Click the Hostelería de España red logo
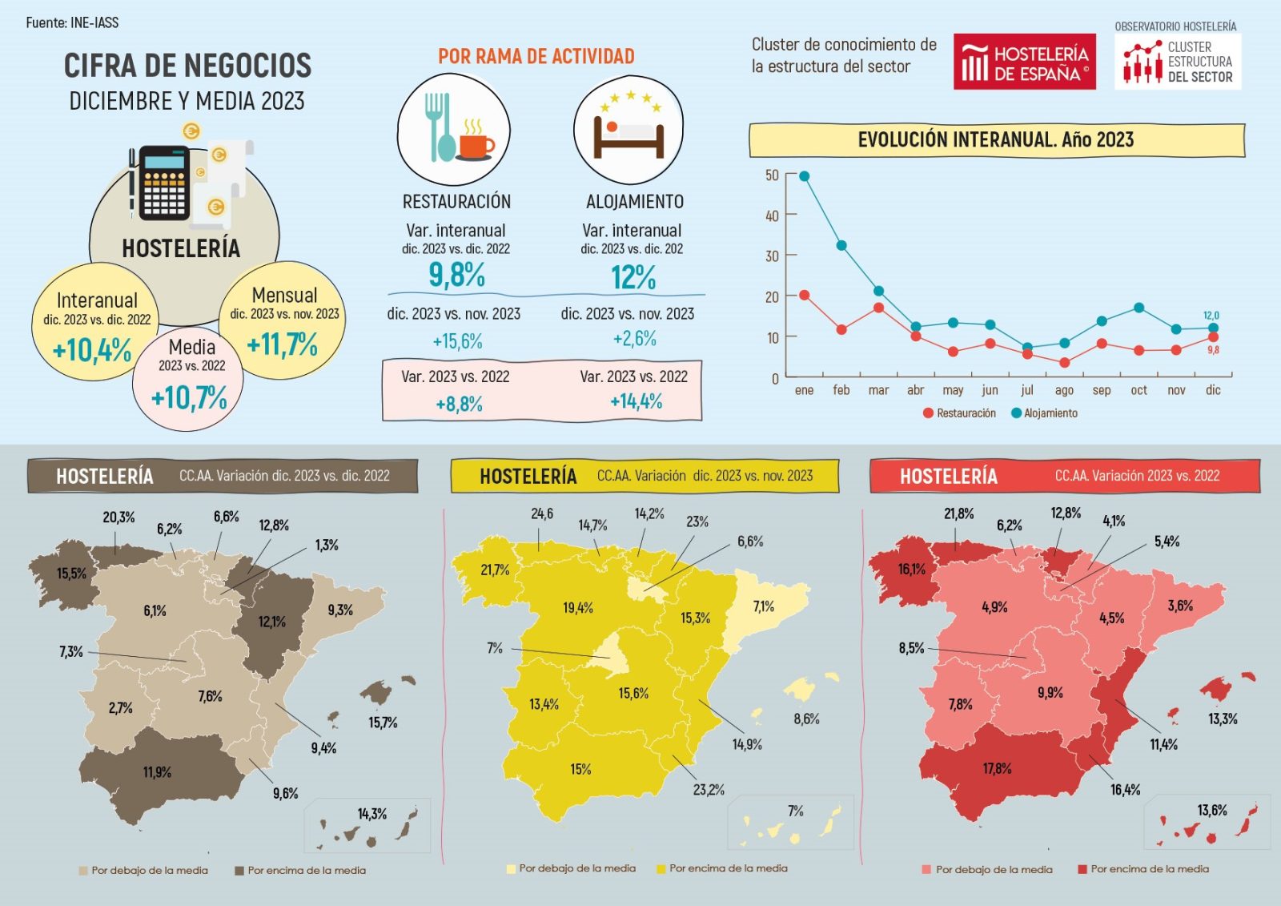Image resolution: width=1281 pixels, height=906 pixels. tap(1024, 62)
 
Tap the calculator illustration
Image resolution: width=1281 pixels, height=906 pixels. tap(165, 183)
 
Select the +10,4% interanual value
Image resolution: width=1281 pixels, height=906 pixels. tap(92, 350)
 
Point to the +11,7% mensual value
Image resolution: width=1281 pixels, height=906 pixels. tap(282, 344)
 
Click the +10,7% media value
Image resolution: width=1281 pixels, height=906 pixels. tap(189, 397)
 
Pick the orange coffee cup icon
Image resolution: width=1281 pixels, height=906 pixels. tap(477, 144)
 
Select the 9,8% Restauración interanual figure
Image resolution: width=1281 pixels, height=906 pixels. tap(456, 276)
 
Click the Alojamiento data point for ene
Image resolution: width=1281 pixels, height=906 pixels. tap(804, 176)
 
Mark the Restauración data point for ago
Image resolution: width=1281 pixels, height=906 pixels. tap(1064, 363)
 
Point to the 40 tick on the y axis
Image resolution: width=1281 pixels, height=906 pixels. tap(772, 215)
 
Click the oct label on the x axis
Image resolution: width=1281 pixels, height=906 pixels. tap(1138, 390)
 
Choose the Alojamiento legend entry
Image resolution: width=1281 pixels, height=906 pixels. tap(1044, 413)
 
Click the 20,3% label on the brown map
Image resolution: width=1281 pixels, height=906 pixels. tap(118, 517)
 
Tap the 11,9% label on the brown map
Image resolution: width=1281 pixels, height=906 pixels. tap(157, 772)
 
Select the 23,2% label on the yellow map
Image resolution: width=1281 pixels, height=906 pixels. tap(709, 790)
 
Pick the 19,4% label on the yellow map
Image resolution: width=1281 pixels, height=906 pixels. tap(577, 608)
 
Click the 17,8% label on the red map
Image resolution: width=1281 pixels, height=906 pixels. tap(997, 768)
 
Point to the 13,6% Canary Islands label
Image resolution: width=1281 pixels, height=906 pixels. tap(1212, 810)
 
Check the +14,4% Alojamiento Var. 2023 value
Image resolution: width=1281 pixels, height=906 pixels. tap(636, 401)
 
